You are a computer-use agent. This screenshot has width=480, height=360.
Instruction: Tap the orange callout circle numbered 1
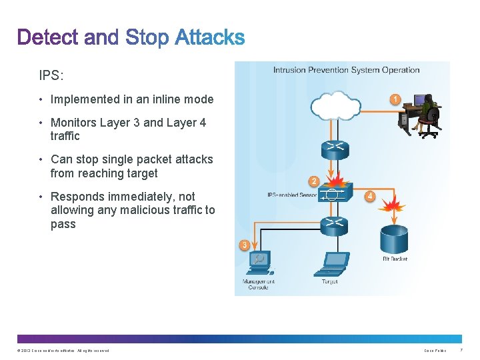(395, 100)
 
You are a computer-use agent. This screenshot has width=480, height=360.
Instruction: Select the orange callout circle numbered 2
(313, 181)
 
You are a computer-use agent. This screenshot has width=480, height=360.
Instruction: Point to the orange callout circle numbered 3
(245, 245)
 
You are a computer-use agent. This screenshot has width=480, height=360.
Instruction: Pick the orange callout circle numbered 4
(370, 196)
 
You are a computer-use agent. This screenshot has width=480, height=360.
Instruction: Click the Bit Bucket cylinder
(395, 240)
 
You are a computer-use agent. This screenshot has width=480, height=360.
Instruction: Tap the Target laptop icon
(331, 265)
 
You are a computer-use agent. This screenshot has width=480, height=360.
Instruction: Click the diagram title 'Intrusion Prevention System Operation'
(346, 70)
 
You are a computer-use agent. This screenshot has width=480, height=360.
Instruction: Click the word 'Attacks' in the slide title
(210, 37)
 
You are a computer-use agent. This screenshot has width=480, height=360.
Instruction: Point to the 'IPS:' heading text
(51, 75)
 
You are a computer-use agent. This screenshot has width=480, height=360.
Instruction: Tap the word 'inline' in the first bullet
(157, 99)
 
